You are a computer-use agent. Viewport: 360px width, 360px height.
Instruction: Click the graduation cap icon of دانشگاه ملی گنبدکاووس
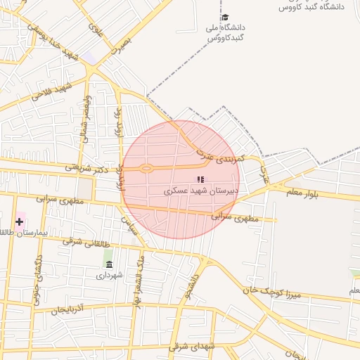pyautogui.click(x=225, y=18)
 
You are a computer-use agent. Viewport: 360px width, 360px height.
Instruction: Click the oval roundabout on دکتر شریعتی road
pyautogui.click(x=146, y=168)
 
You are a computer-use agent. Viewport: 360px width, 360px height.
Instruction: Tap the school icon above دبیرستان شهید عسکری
pyautogui.click(x=200, y=179)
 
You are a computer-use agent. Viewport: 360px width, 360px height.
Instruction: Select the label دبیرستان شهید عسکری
pyautogui.click(x=201, y=191)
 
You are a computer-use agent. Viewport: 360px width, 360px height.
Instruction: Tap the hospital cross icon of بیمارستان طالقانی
pyautogui.click(x=19, y=221)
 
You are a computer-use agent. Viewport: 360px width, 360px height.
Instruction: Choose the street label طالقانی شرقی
pyautogui.click(x=87, y=240)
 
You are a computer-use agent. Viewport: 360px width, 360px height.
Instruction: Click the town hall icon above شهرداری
pyautogui.click(x=108, y=264)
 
